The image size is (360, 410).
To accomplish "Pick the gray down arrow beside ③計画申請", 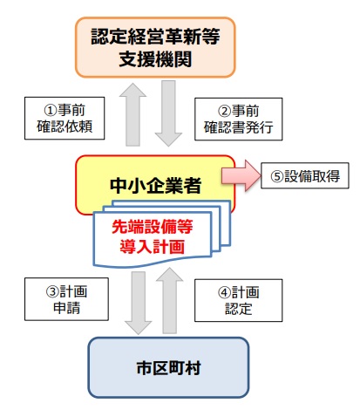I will [138, 301].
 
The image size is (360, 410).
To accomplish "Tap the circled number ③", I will [50, 290].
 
